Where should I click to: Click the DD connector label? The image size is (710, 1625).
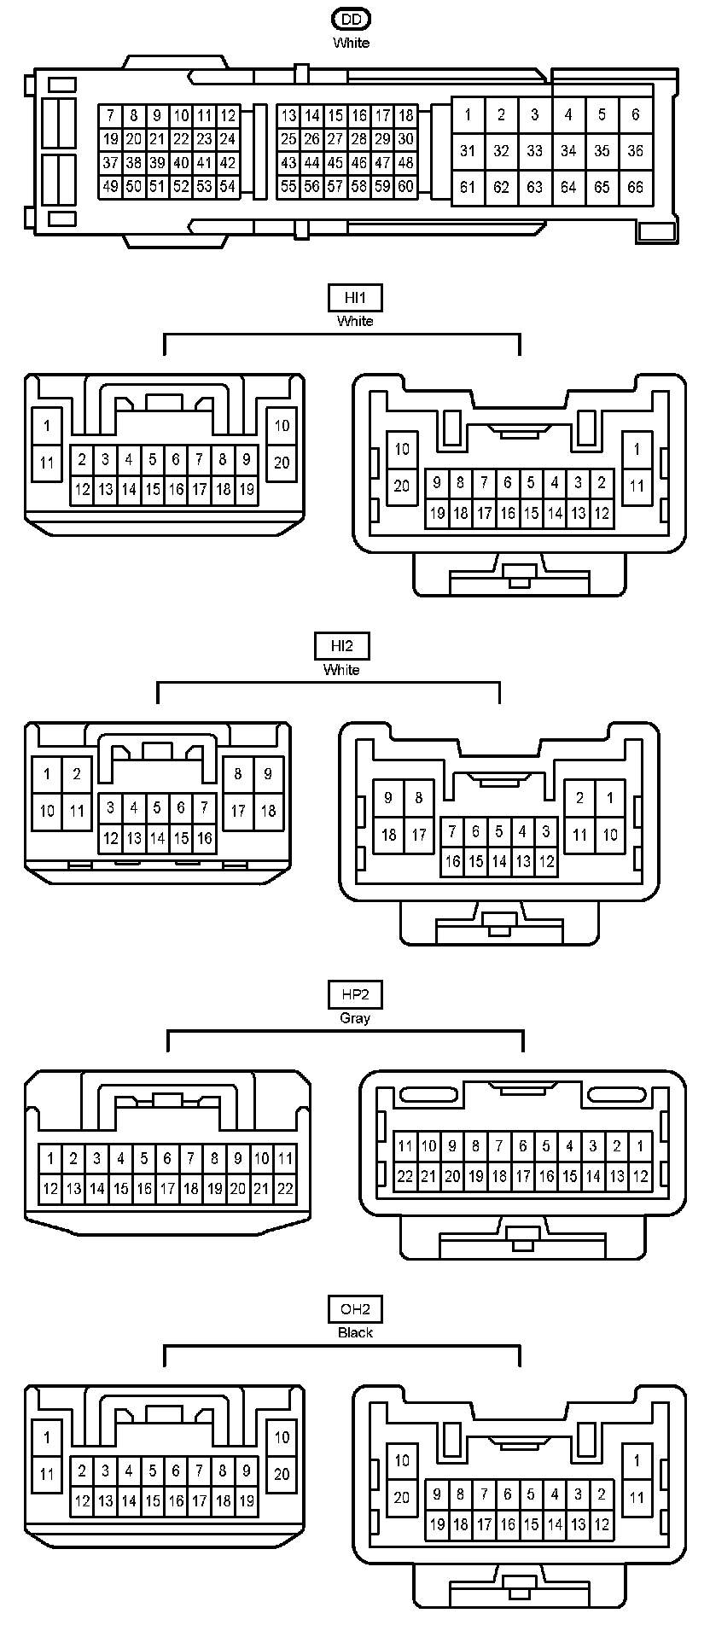point(351,19)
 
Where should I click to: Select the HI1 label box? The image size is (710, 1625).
point(354,298)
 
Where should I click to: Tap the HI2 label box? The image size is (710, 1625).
point(341,646)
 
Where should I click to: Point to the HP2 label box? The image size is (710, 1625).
point(354,994)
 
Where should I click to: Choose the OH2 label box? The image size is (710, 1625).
point(354,1309)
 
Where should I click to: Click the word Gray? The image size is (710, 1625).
point(354,1018)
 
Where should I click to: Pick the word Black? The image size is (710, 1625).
point(354,1332)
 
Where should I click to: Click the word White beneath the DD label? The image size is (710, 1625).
point(351,43)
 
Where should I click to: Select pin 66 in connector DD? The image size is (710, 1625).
point(636,187)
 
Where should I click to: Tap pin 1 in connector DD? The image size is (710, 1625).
point(468,114)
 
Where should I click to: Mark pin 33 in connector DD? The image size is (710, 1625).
point(534,151)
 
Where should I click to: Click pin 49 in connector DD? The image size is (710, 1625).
point(110,187)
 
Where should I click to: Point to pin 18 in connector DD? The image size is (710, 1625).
point(406,115)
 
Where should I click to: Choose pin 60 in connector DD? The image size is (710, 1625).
point(406,187)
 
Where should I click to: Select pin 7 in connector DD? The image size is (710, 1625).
point(110,115)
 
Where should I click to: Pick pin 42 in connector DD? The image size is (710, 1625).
point(228,163)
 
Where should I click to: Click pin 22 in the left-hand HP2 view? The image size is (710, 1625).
point(285,1188)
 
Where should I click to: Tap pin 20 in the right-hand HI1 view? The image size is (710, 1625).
point(402,486)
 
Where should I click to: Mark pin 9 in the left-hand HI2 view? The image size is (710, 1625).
point(268,774)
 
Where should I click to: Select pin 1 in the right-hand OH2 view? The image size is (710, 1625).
point(637,1460)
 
